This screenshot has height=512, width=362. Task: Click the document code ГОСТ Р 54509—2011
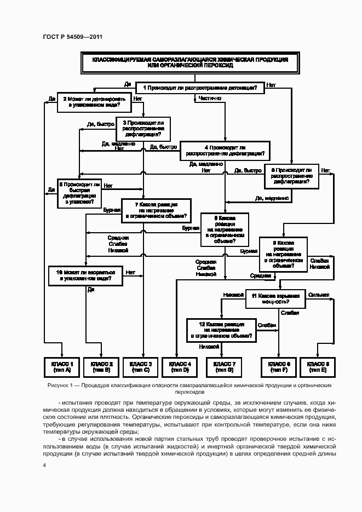click(x=73, y=37)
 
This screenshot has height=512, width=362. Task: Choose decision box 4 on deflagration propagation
click(x=226, y=151)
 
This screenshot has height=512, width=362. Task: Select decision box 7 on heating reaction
click(x=156, y=210)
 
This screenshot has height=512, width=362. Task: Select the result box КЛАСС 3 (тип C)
click(x=141, y=366)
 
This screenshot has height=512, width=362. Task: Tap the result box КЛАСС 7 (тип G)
click(x=224, y=366)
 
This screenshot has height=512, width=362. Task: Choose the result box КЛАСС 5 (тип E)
click(x=318, y=366)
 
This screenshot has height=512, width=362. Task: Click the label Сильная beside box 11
click(x=318, y=295)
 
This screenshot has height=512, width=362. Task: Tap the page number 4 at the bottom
click(x=44, y=466)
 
